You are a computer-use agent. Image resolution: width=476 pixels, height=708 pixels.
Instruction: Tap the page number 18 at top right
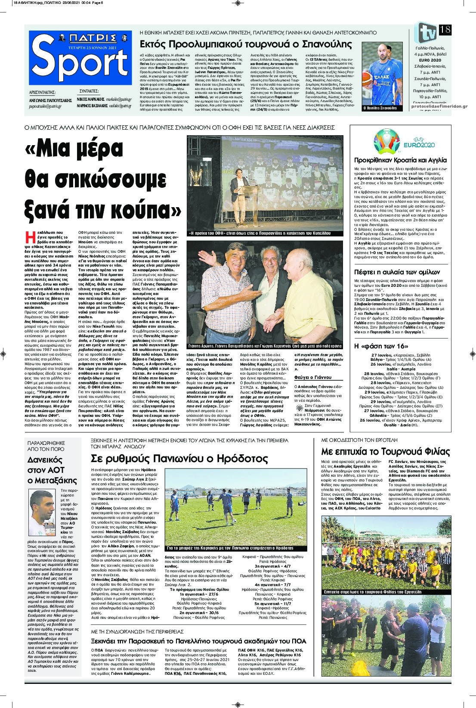(x=445, y=30)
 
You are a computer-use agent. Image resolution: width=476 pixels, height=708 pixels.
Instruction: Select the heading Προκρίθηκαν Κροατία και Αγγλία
(x=400, y=159)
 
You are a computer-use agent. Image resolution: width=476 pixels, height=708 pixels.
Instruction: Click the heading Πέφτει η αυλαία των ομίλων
(x=397, y=272)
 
